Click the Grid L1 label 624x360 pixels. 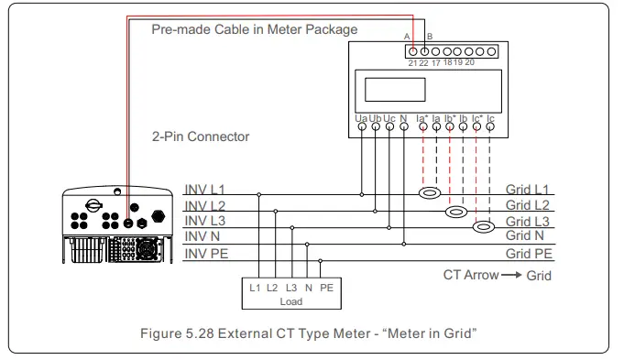[528, 189]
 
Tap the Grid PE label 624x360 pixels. [529, 253]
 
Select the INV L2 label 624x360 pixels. [204, 205]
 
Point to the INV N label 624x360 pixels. [202, 236]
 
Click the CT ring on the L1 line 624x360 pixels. [431, 194]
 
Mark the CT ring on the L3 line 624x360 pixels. [484, 226]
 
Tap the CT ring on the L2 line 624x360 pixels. [456, 211]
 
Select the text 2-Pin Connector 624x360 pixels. [201, 136]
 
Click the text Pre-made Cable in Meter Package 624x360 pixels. [254, 29]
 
